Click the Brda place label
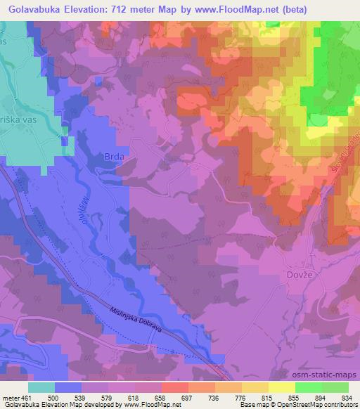pyautogui.click(x=114, y=157)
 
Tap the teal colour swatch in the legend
pyautogui.click(x=41, y=387)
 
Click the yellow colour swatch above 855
pyautogui.click(x=282, y=387)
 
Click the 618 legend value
pyautogui.click(x=134, y=398)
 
